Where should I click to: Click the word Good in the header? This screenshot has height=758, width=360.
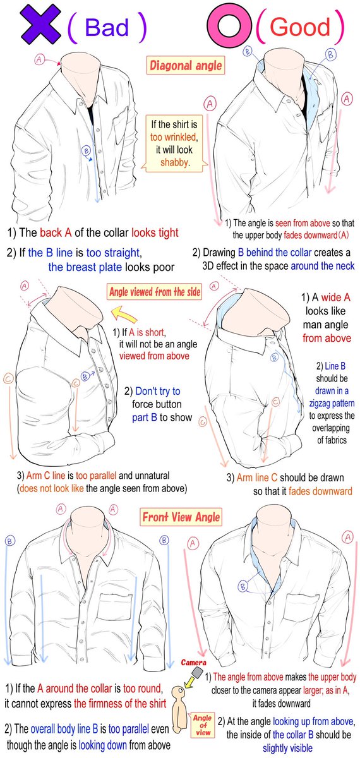tap(300, 27)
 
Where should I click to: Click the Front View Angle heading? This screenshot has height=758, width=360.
tap(181, 517)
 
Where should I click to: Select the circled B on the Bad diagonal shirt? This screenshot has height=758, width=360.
tap(87, 150)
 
